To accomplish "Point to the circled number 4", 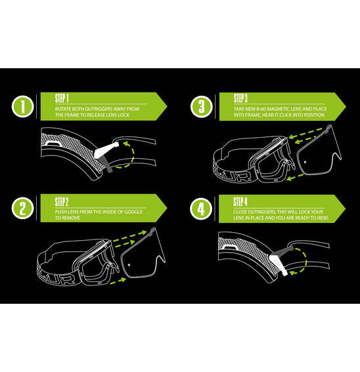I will click(200, 209).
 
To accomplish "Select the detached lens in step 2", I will click(139, 257).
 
